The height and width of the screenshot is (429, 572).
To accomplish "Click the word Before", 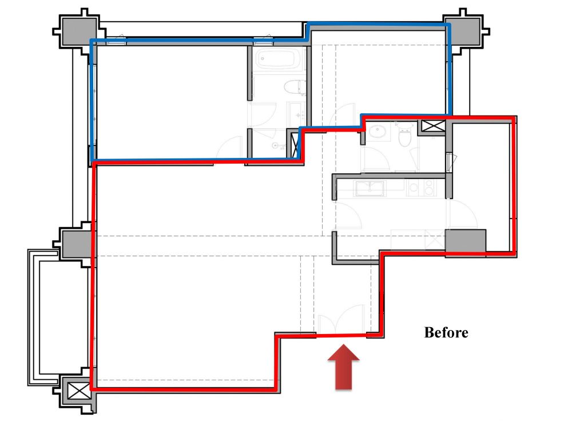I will point(446,332).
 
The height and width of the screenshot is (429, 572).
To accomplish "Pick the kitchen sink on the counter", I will point(370,187).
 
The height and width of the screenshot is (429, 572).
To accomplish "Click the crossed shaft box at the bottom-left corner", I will point(76,391).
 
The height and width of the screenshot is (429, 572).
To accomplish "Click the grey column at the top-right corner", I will point(466,29).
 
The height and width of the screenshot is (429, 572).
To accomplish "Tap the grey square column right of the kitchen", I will point(465,241).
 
